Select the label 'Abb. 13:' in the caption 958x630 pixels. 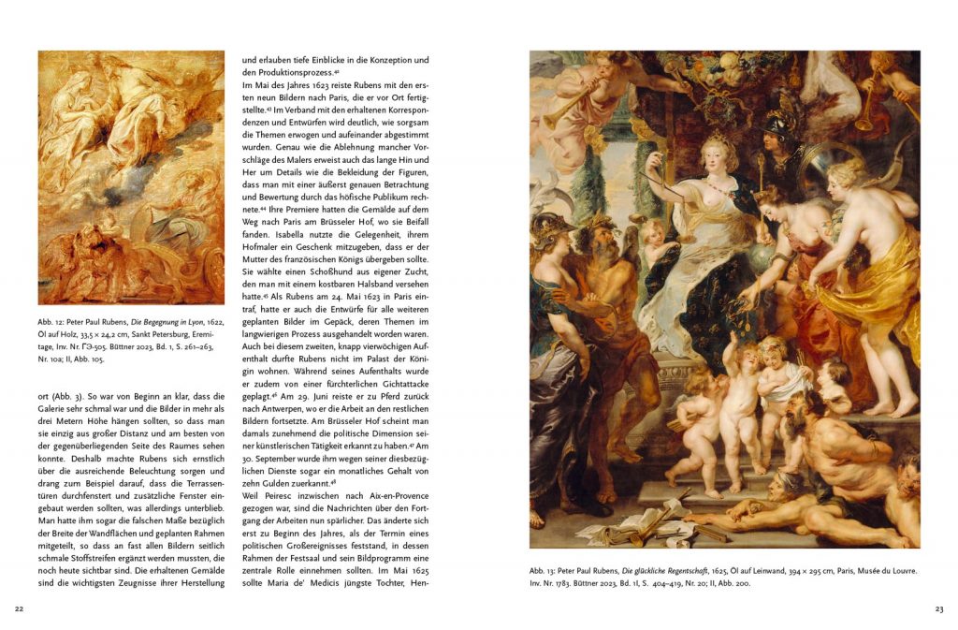coord(544,569)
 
